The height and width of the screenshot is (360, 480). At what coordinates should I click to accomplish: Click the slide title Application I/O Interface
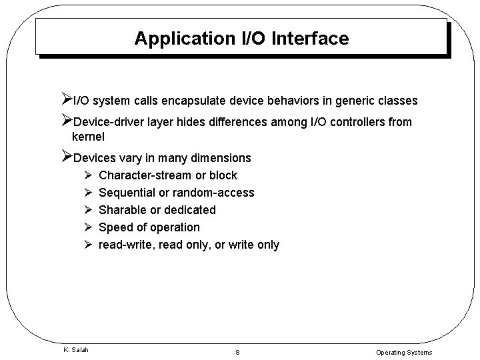241,39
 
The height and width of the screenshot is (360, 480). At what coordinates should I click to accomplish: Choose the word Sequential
126,193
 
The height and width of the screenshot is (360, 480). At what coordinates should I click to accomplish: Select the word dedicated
190,210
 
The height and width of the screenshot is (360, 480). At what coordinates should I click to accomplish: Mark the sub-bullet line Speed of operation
149,227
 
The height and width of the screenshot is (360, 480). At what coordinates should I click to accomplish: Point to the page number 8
238,352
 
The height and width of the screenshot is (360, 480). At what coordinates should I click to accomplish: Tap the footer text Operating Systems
404,352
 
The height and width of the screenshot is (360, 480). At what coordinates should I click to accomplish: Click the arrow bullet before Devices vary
65,157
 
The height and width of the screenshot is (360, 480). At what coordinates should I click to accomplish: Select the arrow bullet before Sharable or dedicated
87,210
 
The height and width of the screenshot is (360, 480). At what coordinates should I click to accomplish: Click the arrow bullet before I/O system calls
65,101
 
